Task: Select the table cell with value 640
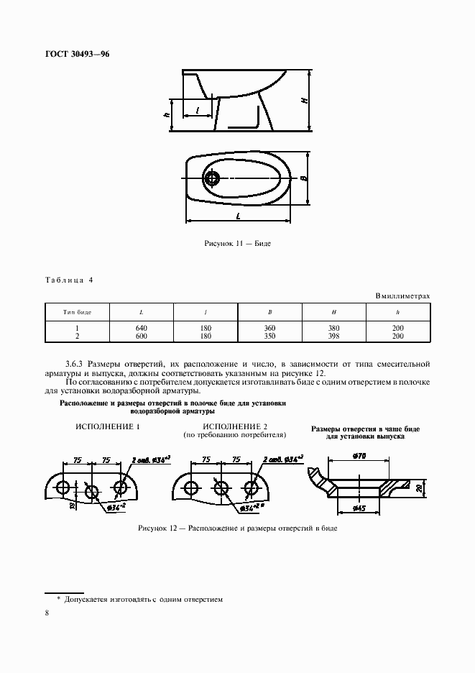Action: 141,328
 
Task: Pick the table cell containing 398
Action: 334,335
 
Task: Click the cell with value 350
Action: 269,335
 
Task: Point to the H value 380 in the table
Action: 334,328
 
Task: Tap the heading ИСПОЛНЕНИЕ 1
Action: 107,426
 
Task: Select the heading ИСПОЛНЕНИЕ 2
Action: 235,426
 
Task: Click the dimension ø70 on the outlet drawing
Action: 361,456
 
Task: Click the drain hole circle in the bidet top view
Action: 213,178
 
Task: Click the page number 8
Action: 47,613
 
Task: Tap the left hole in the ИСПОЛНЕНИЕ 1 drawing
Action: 64,487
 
